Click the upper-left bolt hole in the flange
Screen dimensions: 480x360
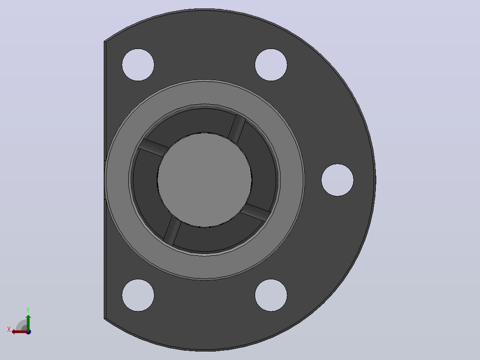138,65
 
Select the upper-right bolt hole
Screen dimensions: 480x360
271,65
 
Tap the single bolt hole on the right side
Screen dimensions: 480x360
338,180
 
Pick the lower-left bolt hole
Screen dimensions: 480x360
138,295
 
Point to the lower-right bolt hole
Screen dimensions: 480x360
271,295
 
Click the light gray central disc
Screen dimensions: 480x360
204,180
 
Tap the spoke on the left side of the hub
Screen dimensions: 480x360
153,147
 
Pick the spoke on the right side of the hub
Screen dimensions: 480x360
256,212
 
